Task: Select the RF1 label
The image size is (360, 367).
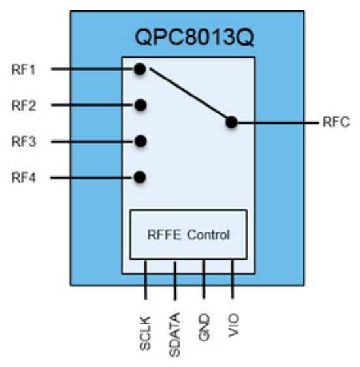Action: [24, 69]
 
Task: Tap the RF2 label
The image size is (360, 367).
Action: [24, 105]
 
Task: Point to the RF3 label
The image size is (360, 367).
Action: [24, 141]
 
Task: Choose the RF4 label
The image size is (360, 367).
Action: [24, 177]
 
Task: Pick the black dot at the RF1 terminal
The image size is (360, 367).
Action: [139, 69]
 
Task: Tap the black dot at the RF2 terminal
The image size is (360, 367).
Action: [139, 105]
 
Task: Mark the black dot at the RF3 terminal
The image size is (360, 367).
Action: [139, 141]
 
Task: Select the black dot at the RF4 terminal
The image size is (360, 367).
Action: [139, 177]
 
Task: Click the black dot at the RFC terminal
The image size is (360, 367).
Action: [231, 122]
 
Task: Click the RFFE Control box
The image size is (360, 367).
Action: [188, 234]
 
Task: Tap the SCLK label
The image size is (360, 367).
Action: [146, 336]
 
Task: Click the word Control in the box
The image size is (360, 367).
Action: [209, 234]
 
